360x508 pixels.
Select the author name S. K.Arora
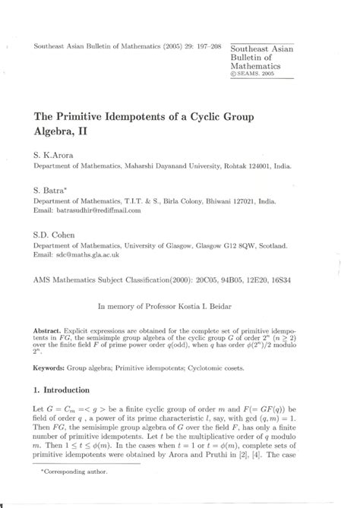point(55,154)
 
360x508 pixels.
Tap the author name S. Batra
point(51,186)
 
